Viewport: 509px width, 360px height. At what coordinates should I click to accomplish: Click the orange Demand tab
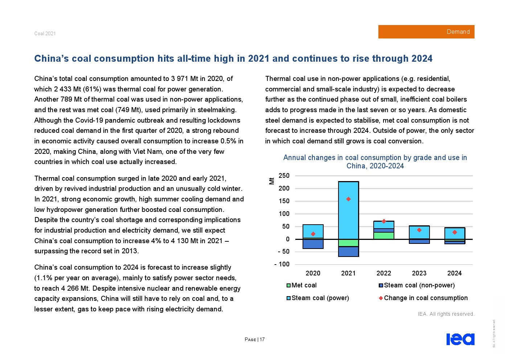point(426,32)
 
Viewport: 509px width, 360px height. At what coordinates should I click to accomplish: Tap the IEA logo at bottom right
point(460,339)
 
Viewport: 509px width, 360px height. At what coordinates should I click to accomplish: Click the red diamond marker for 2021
point(348,199)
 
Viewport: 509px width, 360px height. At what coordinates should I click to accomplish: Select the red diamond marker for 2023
point(419,230)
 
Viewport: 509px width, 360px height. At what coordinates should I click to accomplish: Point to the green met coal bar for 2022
point(384,236)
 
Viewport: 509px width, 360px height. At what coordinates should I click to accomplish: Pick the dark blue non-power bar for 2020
point(313,244)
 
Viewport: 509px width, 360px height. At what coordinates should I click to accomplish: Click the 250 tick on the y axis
point(284,176)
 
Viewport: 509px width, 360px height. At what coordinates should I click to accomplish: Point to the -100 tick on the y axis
point(282,264)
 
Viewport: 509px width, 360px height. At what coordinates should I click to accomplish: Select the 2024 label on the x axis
point(454,273)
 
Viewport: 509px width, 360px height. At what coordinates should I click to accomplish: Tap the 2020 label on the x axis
point(313,273)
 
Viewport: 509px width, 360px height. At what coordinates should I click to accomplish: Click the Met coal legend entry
point(301,285)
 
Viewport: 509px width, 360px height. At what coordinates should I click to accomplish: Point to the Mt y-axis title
point(272,180)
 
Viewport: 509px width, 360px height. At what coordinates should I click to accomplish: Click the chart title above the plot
point(375,161)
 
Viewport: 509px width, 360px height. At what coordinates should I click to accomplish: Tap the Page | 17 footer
point(255,340)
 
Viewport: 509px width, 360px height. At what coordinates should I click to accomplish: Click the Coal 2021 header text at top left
point(45,33)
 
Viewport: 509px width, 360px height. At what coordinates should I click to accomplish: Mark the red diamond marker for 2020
point(313,234)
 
